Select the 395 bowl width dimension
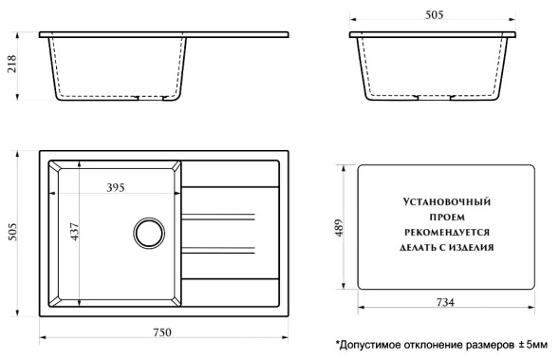115,187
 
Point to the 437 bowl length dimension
73,231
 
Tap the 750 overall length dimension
162,332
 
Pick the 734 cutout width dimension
445,302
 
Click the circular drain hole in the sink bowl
147,232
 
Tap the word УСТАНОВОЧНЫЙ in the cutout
445,202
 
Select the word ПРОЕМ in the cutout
445,217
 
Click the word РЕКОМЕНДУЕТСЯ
445,231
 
